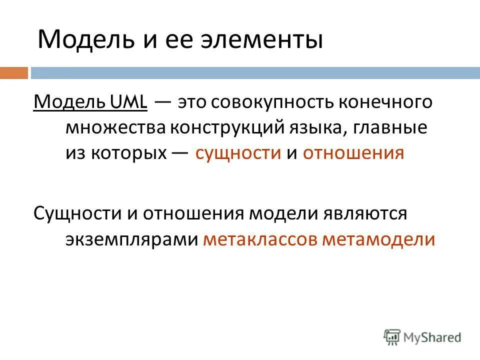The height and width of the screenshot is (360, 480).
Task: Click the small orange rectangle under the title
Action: (13, 73)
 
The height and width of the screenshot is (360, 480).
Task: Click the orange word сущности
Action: (238, 153)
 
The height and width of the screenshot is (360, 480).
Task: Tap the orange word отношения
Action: (352, 153)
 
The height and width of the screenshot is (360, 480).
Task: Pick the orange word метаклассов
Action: (260, 239)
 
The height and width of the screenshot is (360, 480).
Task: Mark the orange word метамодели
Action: (378, 239)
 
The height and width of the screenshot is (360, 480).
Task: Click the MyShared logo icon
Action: (392, 336)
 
